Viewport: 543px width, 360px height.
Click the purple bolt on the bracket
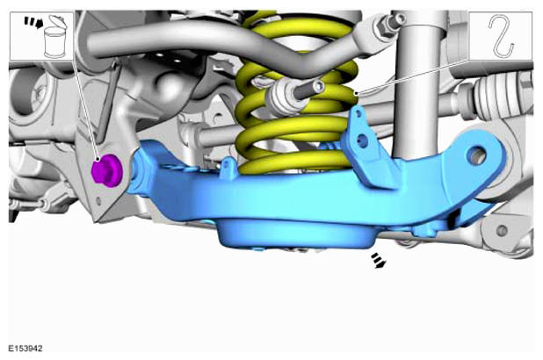(x=106, y=170)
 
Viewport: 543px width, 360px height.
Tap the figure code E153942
(x=25, y=349)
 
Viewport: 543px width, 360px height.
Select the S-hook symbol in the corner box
(x=501, y=36)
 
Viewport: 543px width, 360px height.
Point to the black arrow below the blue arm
(x=378, y=260)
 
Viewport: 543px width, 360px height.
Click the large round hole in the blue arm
(x=477, y=155)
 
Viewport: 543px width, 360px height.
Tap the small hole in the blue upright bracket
(x=362, y=140)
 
